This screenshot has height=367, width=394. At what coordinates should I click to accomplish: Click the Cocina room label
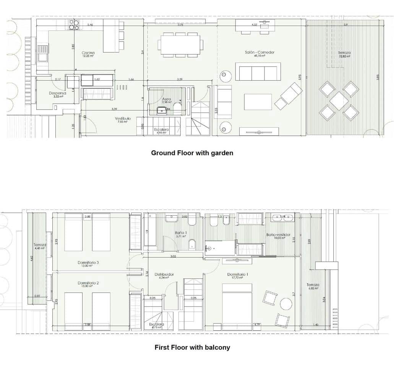click(x=88, y=53)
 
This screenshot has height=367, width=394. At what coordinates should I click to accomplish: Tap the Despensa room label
click(x=58, y=93)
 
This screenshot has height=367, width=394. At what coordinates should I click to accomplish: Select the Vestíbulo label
click(x=123, y=119)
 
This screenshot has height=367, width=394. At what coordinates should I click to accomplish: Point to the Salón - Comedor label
click(x=260, y=52)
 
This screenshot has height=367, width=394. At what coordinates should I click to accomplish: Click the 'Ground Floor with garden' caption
click(x=192, y=153)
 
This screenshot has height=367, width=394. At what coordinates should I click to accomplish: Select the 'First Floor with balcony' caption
click(x=192, y=348)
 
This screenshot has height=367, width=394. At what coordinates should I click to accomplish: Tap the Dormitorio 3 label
click(x=88, y=263)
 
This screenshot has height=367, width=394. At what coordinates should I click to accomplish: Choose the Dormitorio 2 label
click(x=88, y=283)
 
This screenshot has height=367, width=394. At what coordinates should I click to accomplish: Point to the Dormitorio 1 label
click(x=238, y=274)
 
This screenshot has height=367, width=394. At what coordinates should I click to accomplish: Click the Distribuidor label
click(x=164, y=274)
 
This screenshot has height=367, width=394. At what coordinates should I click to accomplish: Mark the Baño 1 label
click(x=181, y=232)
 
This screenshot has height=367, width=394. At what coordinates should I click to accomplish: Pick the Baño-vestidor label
click(x=278, y=235)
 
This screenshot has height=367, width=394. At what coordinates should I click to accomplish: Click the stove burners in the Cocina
click(x=73, y=25)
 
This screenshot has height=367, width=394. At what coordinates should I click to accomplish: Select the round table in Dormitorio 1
click(x=286, y=304)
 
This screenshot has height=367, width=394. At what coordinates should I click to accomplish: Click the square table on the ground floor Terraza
click(x=339, y=101)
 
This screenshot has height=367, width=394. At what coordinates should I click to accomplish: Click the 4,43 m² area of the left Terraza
click(x=39, y=247)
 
